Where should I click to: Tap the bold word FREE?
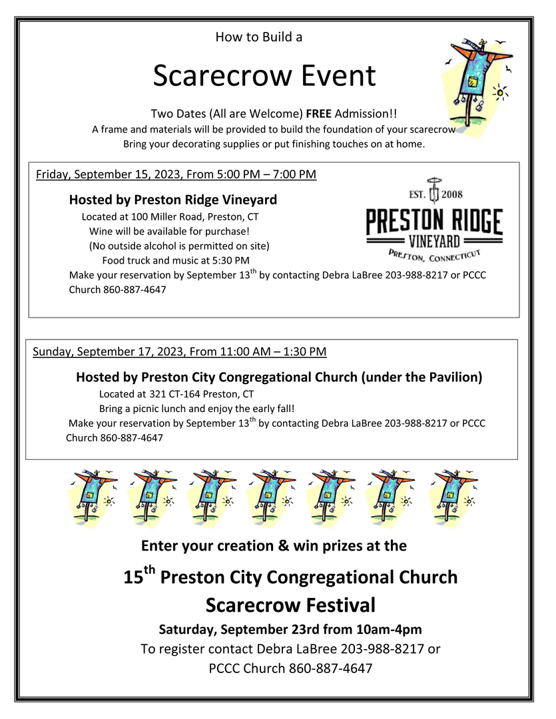pos(319,115)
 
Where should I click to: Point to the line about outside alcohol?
pos(179,246)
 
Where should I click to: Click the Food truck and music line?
pos(175,260)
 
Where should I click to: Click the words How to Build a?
pos(258,37)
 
